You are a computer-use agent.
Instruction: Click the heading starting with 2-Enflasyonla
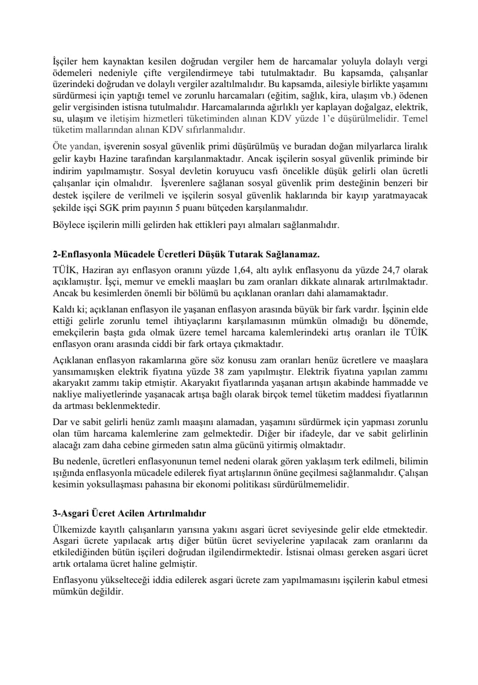(x=186, y=254)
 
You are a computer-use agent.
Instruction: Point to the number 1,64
(x=243, y=270)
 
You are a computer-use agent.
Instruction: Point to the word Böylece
(x=67, y=225)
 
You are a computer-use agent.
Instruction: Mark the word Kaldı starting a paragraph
(x=64, y=309)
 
